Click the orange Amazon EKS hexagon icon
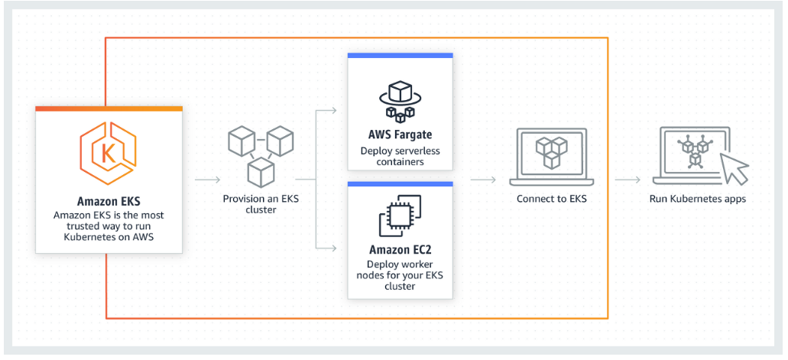[109, 151]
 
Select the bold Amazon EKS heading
[109, 203]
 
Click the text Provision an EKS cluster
[260, 204]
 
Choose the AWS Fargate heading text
[400, 136]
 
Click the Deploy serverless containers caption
[400, 157]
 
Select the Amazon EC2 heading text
[400, 250]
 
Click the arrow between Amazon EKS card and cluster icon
[206, 180]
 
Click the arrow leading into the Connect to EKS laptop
[482, 180]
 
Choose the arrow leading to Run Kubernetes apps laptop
[627, 180]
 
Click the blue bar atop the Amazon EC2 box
[400, 184]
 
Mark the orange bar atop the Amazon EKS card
[109, 109]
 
